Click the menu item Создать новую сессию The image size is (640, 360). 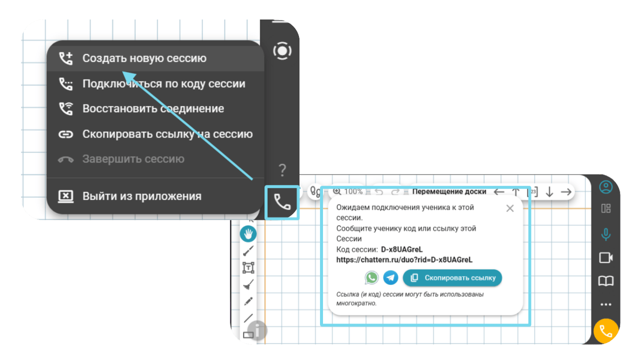pos(144,58)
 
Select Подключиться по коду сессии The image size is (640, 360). pos(163,83)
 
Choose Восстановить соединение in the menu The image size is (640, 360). pos(153,108)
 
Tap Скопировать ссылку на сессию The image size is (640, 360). pos(167,134)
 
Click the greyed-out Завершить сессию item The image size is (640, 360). pos(133,159)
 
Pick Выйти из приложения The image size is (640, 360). pos(141,196)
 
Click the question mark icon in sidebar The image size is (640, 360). pos(282,170)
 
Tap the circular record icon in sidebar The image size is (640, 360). pos(282,51)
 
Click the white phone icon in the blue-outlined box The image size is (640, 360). pos(282,202)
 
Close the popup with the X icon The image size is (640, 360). pos(510,208)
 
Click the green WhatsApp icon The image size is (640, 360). pos(371,277)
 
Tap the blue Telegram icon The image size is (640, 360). pos(390,277)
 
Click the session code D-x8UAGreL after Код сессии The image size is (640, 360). pos(401,249)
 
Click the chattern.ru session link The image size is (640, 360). pos(404,259)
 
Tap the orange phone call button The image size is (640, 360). pos(606,331)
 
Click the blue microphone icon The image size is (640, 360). pos(605,234)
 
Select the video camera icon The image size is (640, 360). pos(605,257)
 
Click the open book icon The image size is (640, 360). pos(605,281)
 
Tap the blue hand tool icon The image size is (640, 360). pos(248,233)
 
